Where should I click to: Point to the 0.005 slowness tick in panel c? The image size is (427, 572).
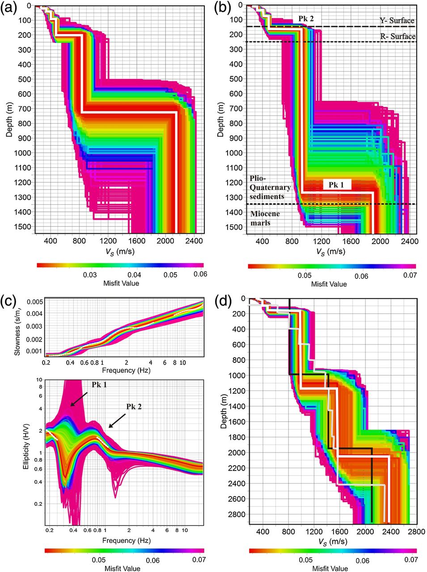(34, 302)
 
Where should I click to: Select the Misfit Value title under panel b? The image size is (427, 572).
(329, 284)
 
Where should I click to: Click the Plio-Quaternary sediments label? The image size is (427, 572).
(271, 187)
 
